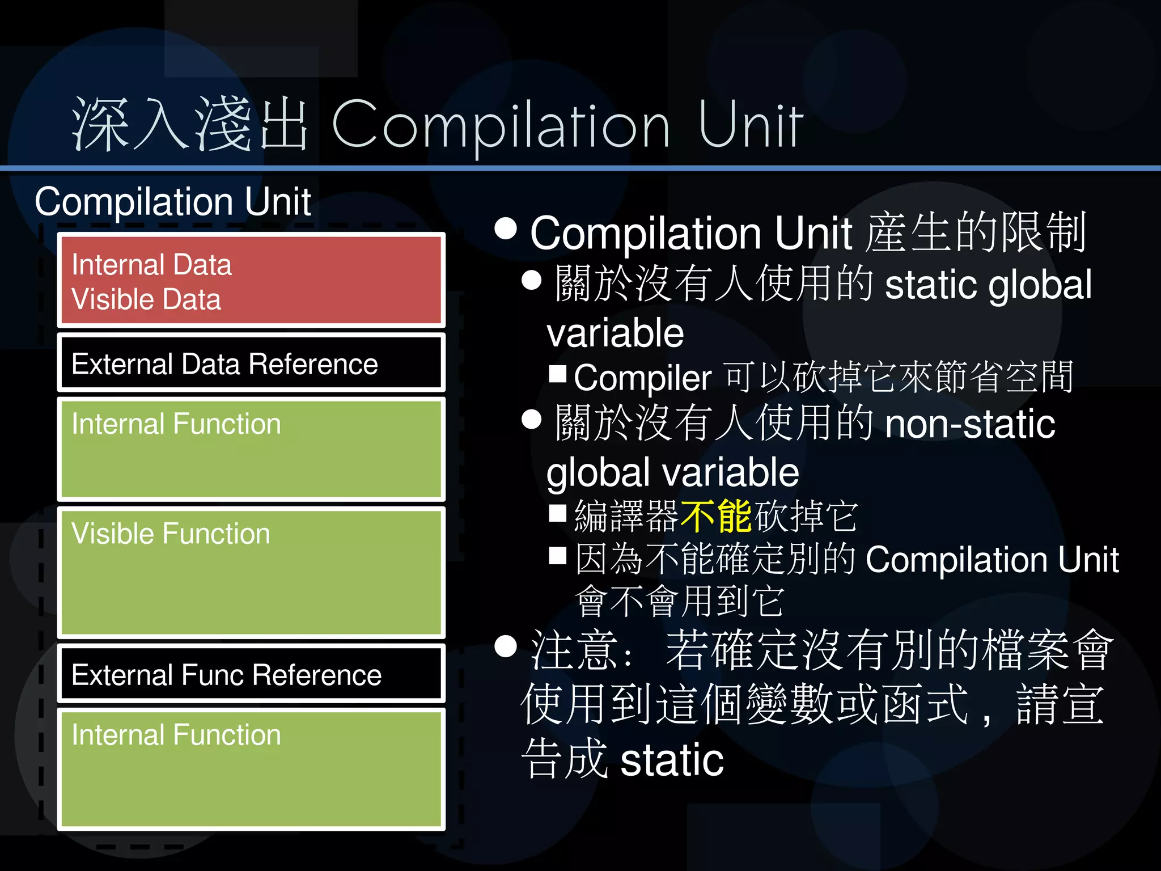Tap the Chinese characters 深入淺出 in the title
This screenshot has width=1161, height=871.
(x=190, y=125)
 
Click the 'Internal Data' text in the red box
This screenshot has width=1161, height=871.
(x=151, y=265)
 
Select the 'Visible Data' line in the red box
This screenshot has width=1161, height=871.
(x=146, y=299)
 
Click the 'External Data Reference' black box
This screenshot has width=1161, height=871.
(x=251, y=363)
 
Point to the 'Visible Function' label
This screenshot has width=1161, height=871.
(x=171, y=534)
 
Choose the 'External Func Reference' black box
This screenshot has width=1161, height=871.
(x=251, y=674)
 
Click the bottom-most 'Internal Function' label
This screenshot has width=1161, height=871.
(x=176, y=735)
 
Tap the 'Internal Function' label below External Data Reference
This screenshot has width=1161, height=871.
(x=176, y=424)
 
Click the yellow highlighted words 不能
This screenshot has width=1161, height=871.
(x=716, y=516)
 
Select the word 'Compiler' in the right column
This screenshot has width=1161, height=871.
(x=642, y=378)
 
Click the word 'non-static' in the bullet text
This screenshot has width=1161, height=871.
(x=969, y=424)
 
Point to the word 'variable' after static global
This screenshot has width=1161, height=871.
(x=615, y=333)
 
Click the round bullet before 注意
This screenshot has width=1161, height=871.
(x=505, y=646)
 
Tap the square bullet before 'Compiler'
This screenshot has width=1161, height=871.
(x=558, y=374)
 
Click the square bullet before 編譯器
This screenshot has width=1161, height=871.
(x=558, y=513)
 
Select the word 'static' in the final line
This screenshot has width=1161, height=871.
(x=672, y=760)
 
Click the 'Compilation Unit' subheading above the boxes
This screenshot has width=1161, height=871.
(x=173, y=202)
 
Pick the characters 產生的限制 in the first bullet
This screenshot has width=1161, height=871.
(x=975, y=232)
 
